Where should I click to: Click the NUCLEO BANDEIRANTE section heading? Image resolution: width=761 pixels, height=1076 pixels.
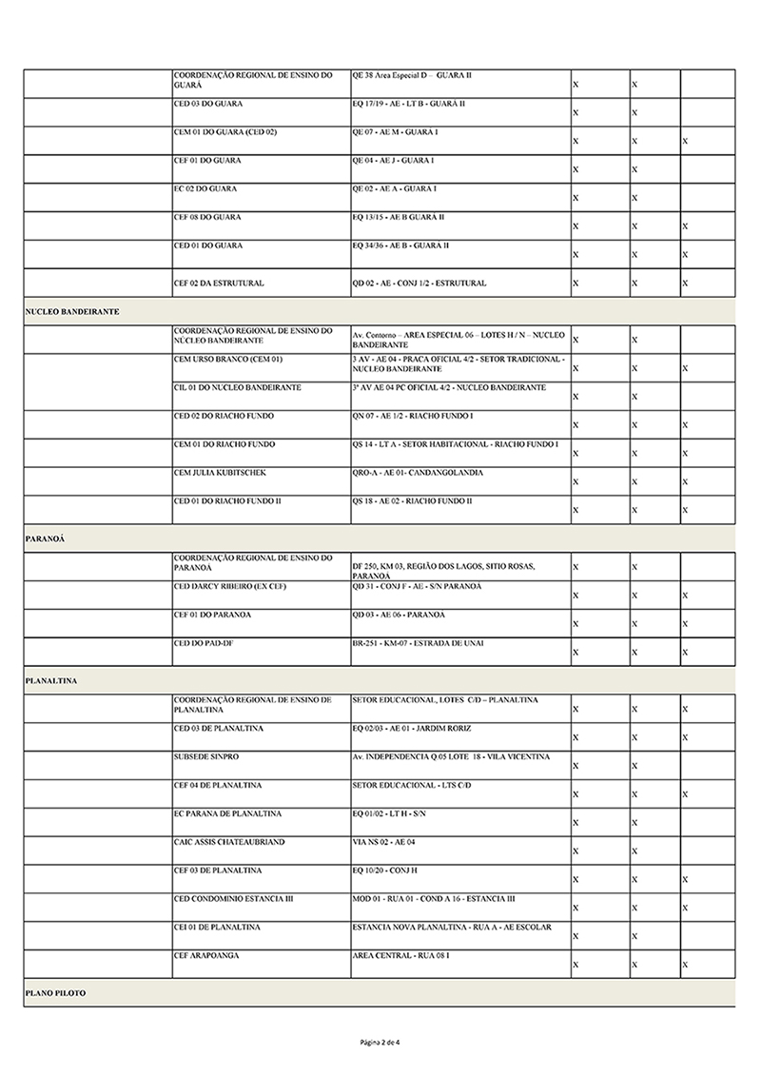click(71, 312)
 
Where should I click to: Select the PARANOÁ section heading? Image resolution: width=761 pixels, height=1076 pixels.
click(45, 538)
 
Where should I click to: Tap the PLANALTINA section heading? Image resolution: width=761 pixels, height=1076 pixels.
click(51, 681)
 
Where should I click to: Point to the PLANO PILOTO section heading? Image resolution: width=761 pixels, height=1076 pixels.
click(55, 992)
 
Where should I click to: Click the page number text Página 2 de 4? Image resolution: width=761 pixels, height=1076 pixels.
click(380, 1042)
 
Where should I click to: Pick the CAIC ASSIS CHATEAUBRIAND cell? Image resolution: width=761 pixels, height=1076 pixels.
click(229, 842)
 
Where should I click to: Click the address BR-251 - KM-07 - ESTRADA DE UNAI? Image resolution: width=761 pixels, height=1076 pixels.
click(417, 643)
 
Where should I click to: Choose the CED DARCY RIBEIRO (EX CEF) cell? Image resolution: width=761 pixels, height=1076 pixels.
click(229, 586)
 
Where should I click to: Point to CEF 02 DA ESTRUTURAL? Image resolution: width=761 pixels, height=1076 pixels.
click(219, 284)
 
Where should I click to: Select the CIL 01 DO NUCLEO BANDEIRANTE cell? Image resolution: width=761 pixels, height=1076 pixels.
click(238, 388)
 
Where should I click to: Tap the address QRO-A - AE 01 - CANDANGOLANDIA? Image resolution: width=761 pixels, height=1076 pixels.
click(417, 473)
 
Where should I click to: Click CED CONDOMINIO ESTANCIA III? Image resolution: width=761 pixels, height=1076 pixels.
click(233, 898)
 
